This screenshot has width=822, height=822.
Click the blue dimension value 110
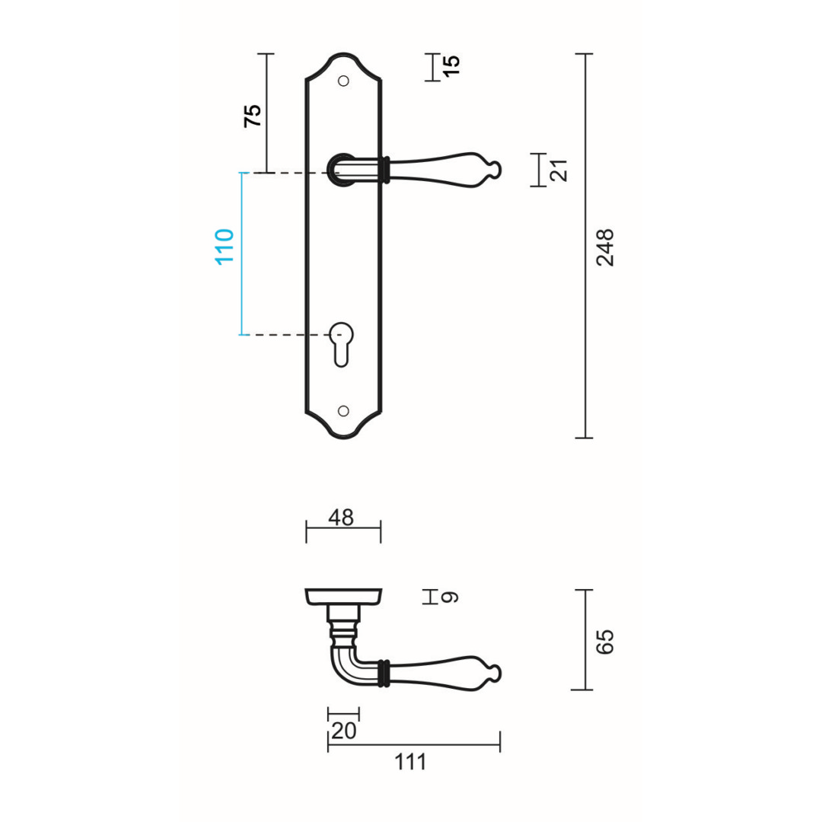tap(225, 246)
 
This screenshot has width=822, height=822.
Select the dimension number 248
tap(606, 247)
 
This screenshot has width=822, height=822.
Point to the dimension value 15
tap(451, 65)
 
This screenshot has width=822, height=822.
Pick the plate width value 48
tap(341, 518)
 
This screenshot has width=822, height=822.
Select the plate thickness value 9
tap(451, 597)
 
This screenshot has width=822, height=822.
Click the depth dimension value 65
tap(605, 641)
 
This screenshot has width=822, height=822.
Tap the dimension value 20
tap(343, 731)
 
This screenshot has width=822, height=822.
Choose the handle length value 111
tap(411, 761)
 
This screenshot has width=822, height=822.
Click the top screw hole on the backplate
tap(343, 81)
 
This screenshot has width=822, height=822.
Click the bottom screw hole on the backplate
tap(343, 411)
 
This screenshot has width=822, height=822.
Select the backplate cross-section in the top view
tap(343, 596)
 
